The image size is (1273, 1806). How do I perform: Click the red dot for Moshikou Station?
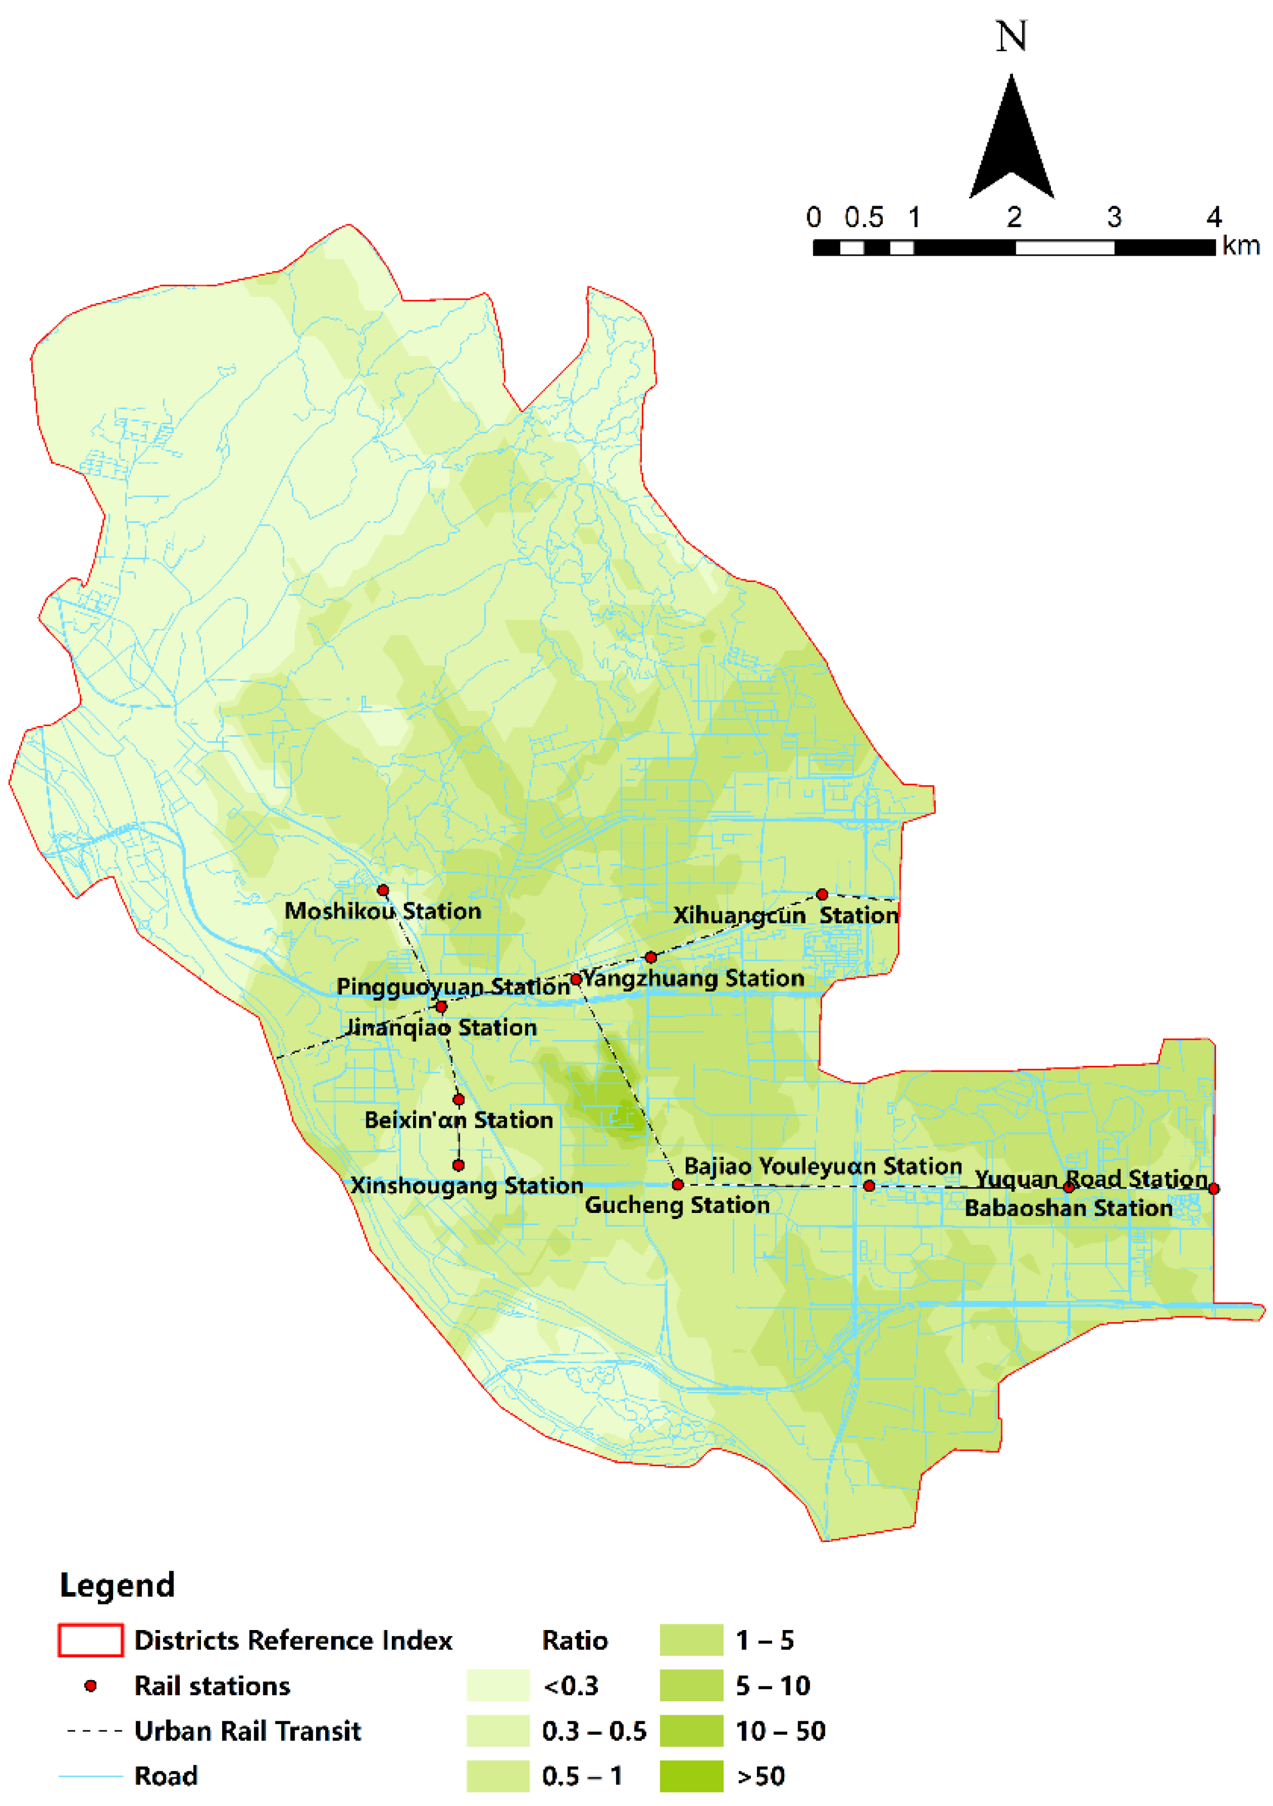pos(383,890)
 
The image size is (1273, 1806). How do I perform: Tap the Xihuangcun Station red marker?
pos(822,894)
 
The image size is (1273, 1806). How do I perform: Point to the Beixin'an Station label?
pos(459,1120)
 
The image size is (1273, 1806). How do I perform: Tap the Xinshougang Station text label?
pos(466,1186)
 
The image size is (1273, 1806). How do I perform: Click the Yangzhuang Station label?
pos(694,978)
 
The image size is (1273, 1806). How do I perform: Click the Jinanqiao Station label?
pos(441,1027)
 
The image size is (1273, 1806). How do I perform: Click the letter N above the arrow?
pos(1011,37)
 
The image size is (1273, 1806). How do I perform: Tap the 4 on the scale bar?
pos(1214,217)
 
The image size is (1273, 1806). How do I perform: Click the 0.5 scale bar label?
pos(863,217)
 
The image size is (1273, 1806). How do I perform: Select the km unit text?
pos(1241,246)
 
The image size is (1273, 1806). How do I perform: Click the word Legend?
pos(117,1585)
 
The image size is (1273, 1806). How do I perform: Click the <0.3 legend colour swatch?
pos(498,1686)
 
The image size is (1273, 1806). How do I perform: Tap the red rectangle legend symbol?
pos(90,1641)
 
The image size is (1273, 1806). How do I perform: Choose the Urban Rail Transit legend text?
pos(247,1731)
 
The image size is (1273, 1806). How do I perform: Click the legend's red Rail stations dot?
pos(90,1686)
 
